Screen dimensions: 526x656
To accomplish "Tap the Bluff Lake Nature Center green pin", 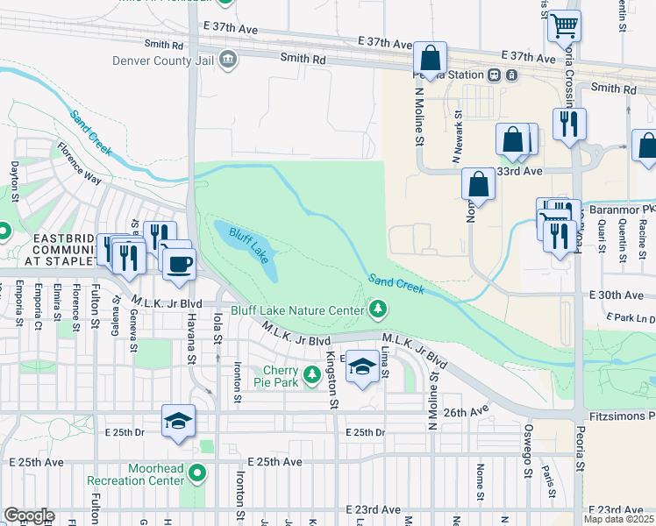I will click(x=378, y=309).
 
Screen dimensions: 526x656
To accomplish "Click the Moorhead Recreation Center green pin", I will click(x=197, y=474).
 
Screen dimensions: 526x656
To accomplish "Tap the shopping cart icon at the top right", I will click(x=565, y=26).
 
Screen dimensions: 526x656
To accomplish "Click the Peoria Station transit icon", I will click(x=495, y=75).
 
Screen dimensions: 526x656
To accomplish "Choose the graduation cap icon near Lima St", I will click(x=361, y=366).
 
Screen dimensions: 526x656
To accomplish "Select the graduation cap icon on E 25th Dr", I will click(x=177, y=421).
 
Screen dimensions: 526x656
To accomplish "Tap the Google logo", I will click(x=28, y=515).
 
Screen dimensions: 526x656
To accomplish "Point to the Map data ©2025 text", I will click(x=619, y=519).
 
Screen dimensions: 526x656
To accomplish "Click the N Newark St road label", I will click(x=457, y=139).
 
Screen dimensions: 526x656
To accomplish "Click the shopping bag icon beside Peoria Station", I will click(x=430, y=60).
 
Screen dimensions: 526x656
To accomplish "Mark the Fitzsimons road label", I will click(x=622, y=413).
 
